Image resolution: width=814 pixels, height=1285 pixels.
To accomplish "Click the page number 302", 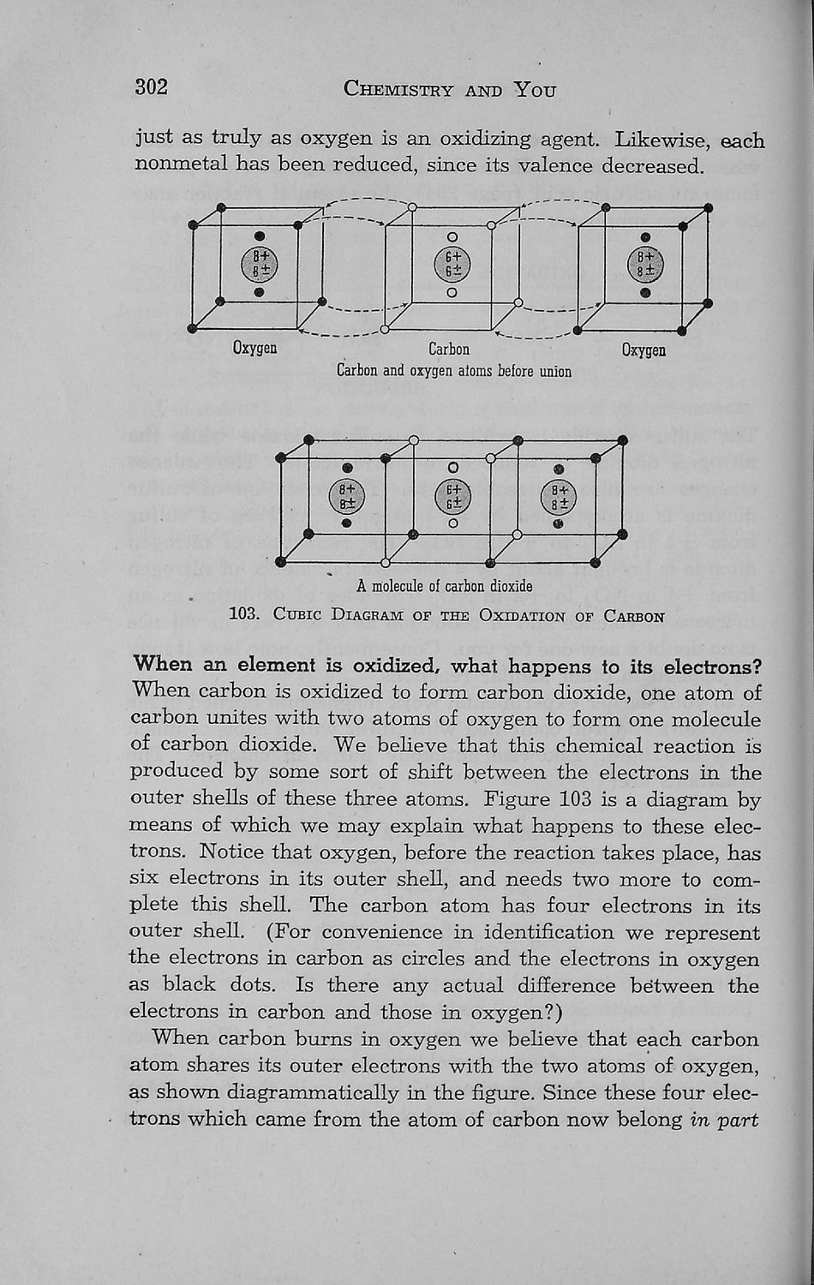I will (151, 87).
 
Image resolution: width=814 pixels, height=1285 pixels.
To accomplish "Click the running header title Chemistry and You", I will (449, 89).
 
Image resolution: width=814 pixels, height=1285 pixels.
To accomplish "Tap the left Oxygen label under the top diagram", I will (254, 348).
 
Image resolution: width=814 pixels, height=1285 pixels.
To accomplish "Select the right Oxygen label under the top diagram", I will (643, 350).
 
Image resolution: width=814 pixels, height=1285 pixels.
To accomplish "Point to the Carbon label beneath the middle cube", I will (449, 349).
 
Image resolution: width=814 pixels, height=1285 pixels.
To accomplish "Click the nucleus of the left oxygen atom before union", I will (260, 264).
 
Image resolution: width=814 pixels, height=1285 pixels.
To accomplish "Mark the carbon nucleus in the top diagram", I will (452, 264).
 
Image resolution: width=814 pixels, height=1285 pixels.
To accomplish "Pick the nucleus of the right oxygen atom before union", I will (645, 264).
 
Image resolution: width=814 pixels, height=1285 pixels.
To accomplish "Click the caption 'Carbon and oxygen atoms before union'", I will (453, 371).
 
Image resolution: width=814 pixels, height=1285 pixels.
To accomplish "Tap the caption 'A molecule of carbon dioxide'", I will (445, 586).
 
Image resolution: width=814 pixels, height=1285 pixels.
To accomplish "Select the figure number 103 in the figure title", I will (245, 615).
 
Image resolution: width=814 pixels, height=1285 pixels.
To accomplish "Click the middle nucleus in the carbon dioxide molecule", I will (453, 497).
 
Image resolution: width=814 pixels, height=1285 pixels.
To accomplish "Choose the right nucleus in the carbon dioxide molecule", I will (559, 497).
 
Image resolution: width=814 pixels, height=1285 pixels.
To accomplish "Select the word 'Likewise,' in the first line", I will (659, 139).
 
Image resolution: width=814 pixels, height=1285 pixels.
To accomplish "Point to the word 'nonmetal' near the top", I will (180, 164).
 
